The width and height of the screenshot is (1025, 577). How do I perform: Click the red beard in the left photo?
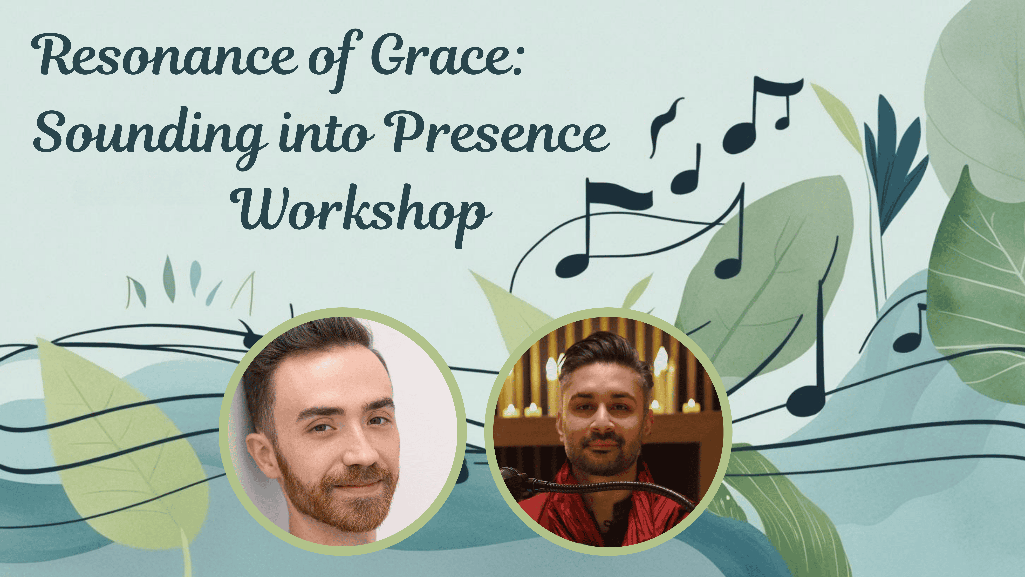(x=338, y=498)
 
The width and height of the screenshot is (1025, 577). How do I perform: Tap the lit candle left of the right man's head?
(x=551, y=368)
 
